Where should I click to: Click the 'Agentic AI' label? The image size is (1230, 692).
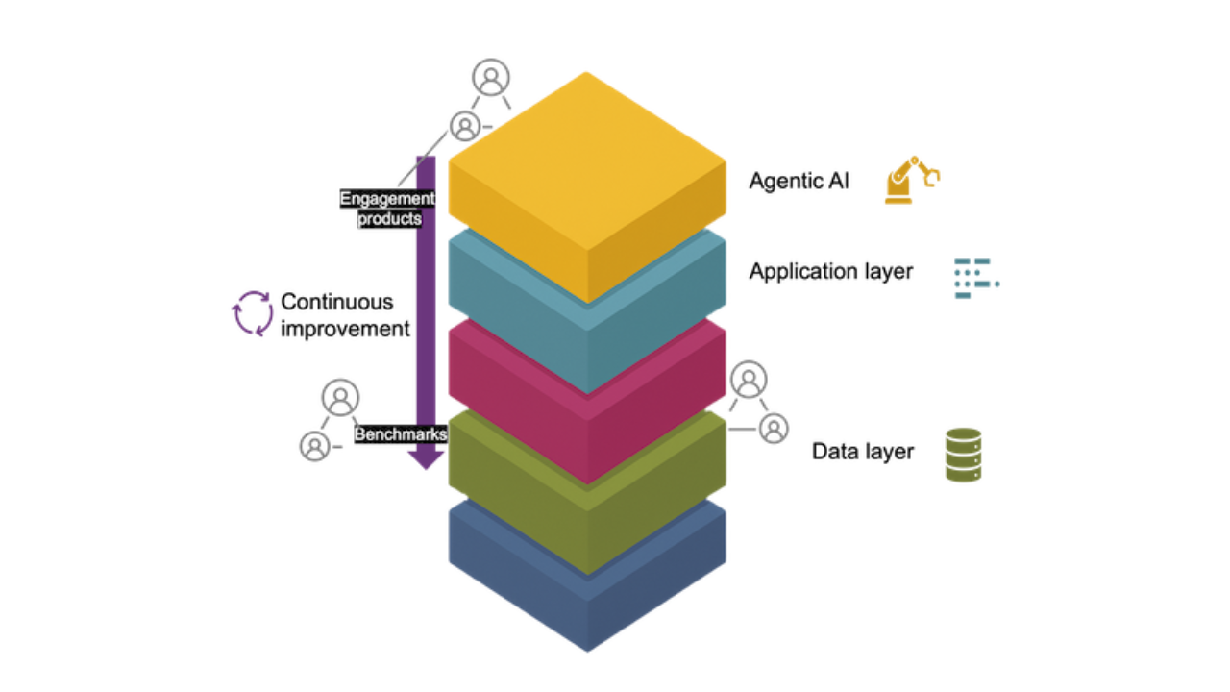click(x=799, y=181)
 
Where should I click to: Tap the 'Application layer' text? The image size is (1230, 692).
click(x=830, y=272)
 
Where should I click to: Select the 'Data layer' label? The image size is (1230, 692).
click(x=862, y=452)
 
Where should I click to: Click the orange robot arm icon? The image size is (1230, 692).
click(x=911, y=180)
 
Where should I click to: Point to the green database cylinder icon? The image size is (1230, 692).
click(x=963, y=455)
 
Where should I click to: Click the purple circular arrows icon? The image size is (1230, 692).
click(x=253, y=314)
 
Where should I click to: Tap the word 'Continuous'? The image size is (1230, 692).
click(x=336, y=302)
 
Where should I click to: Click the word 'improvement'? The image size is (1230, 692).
click(x=345, y=329)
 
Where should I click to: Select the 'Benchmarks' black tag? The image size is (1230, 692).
click(x=401, y=434)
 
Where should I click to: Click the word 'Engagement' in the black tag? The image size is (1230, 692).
click(x=387, y=199)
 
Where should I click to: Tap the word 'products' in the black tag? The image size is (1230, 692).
click(x=389, y=218)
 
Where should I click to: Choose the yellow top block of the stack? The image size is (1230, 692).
click(x=586, y=163)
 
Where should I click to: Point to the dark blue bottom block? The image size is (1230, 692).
click(x=586, y=596)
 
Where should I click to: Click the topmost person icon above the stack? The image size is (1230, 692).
click(x=491, y=79)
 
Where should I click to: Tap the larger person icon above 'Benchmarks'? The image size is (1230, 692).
click(x=340, y=396)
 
